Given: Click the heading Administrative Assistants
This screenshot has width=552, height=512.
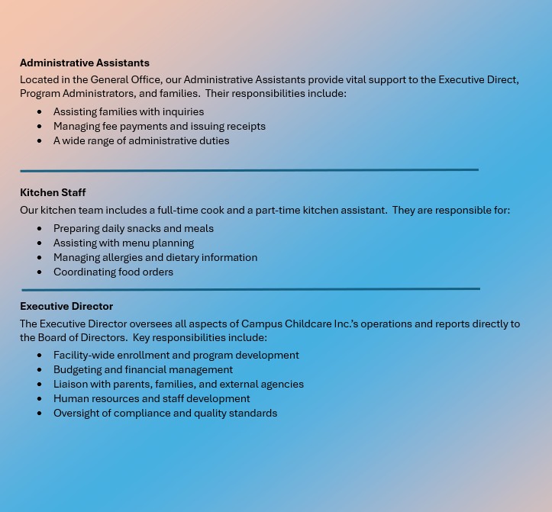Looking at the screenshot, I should (85, 63).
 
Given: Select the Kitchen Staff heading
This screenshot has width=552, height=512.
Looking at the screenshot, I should (53, 192).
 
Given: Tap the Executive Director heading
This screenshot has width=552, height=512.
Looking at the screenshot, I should (66, 306).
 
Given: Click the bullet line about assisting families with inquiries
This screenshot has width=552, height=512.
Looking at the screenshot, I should (128, 111).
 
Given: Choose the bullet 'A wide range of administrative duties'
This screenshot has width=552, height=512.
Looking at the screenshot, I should (141, 140).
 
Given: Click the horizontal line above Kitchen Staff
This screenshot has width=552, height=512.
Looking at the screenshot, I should (249, 170).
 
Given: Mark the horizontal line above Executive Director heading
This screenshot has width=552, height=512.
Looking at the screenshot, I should (250, 289).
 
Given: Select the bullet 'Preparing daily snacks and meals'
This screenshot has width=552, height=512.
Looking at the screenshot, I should (134, 228).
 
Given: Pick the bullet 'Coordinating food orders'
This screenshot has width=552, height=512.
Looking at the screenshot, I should (113, 272).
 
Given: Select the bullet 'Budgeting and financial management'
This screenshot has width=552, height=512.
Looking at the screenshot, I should (143, 369).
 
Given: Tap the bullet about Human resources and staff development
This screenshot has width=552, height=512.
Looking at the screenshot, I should (151, 398).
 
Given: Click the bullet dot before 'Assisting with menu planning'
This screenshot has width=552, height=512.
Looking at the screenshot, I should (40, 243).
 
